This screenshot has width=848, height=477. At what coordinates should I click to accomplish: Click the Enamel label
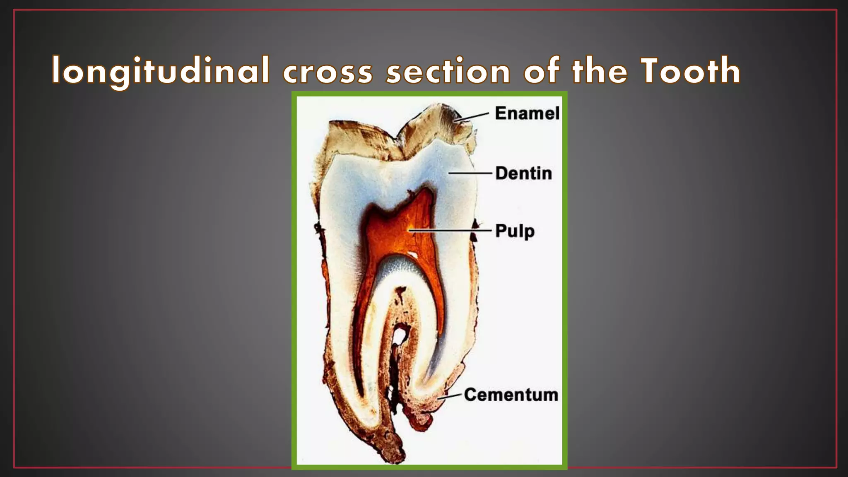tap(527, 113)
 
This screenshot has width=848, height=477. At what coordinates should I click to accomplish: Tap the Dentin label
tap(523, 173)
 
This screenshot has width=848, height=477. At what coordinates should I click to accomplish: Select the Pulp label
tap(515, 231)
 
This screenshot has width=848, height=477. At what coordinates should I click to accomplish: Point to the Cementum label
tap(511, 395)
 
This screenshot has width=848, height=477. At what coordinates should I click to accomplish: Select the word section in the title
tap(448, 71)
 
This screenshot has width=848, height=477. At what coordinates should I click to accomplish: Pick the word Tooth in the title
tap(690, 70)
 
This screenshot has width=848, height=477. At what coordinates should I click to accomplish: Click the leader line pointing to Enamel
tap(472, 117)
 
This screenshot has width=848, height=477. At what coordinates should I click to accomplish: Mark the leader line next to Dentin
tap(470, 173)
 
